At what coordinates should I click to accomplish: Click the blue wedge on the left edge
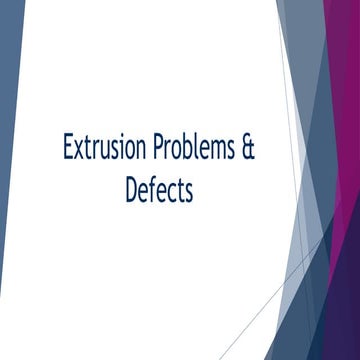(10, 150)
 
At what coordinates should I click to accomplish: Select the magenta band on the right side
(349, 200)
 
